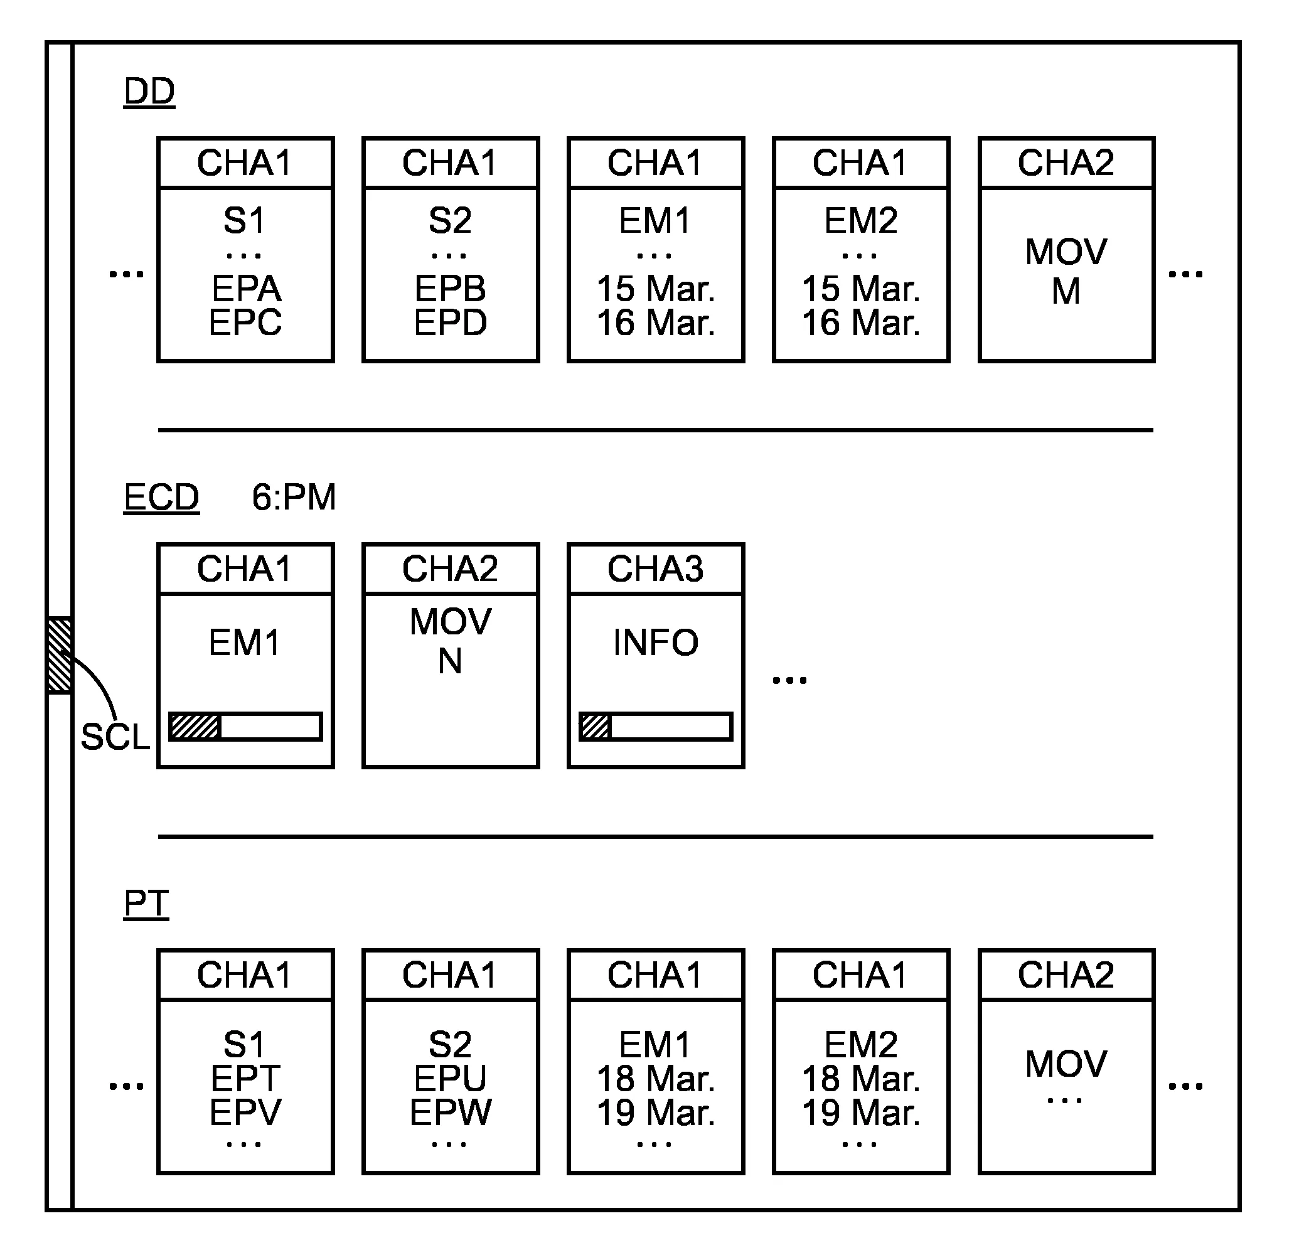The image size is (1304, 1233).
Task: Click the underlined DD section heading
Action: click(149, 92)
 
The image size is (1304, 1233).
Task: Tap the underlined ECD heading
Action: click(161, 497)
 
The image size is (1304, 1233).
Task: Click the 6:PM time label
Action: click(293, 497)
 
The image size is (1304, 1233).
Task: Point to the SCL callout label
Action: click(115, 737)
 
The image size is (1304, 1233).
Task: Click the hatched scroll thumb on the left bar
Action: click(60, 655)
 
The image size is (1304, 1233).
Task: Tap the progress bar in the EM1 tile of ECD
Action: click(245, 727)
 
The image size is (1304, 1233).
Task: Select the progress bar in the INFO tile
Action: click(655, 727)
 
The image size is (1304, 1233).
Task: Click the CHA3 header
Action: click(655, 568)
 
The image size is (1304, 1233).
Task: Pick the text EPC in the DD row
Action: click(245, 323)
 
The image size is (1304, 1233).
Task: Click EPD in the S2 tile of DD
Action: click(450, 323)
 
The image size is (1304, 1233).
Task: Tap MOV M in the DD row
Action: click(1066, 271)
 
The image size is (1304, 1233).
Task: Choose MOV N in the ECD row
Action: click(450, 641)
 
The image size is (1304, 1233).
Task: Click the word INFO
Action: click(655, 642)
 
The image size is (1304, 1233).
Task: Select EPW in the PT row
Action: click(450, 1112)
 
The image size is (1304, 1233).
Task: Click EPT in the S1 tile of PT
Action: click(245, 1078)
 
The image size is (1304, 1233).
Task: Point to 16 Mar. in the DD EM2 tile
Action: click(860, 323)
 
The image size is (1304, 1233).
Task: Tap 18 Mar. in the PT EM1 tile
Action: click(655, 1078)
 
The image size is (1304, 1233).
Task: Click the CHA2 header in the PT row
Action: click(1066, 974)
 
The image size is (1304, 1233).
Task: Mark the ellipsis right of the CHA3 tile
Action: click(789, 680)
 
